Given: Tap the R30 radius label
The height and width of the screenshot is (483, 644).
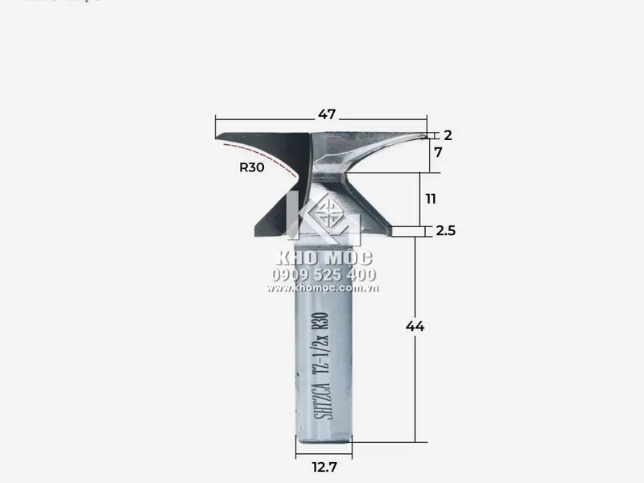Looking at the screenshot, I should (252, 167).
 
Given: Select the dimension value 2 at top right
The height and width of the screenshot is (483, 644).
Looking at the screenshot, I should (448, 135).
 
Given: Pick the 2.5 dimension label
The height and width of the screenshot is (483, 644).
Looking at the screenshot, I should (445, 231).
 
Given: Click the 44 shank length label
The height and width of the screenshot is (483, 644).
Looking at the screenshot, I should (415, 327).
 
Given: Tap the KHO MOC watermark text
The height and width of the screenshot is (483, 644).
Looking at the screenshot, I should (324, 258).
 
